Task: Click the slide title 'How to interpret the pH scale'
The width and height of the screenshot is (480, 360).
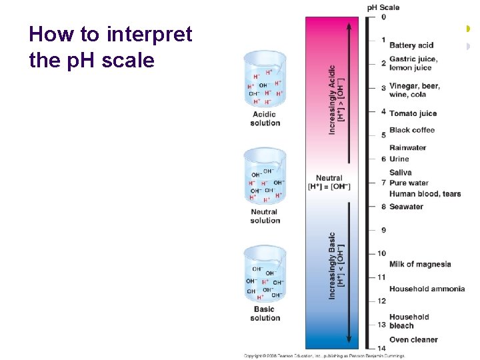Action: pos(111,47)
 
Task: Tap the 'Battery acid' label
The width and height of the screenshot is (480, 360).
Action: pos(411,45)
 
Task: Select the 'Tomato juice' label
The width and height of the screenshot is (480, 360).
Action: pos(413,113)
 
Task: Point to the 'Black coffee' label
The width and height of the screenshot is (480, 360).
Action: pos(412,130)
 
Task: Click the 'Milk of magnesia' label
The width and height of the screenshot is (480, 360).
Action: pos(420,264)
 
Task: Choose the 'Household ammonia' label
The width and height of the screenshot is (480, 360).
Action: pos(427,289)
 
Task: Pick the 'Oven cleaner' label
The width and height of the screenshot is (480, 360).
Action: pos(413,339)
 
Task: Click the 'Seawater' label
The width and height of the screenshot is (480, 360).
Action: pos(406,207)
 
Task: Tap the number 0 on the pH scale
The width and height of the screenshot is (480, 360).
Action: pos(383,17)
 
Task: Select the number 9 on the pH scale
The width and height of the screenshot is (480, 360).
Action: pos(383,230)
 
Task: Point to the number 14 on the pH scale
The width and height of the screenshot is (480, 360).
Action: pos(381,348)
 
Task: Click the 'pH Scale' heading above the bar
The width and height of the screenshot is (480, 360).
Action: pos(383,7)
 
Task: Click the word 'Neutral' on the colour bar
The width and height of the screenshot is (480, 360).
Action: pos(329,178)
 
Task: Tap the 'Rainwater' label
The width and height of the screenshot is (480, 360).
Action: pos(408,147)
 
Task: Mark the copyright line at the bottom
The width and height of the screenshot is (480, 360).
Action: pos(324,355)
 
